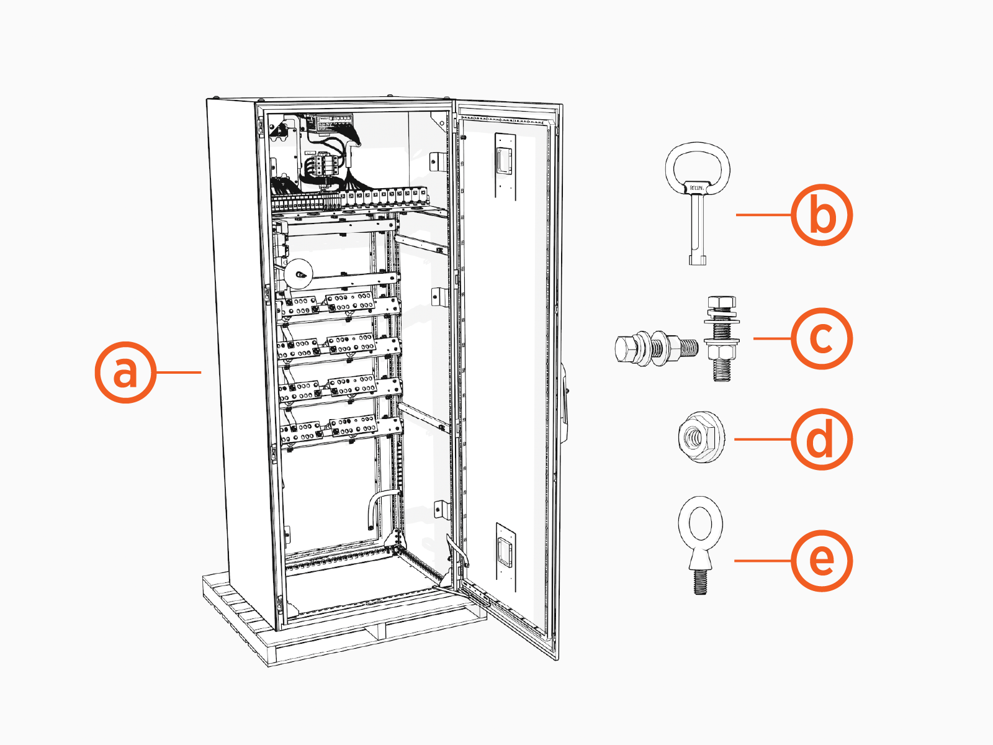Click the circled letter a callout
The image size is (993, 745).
[x=125, y=372]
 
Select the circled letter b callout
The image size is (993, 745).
[x=822, y=215]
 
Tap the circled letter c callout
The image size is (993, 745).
[x=822, y=338]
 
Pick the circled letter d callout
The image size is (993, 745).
[x=822, y=439]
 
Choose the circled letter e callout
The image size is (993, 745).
[x=822, y=561]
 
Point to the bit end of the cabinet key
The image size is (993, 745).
[x=698, y=258]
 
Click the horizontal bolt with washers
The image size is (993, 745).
[x=655, y=348]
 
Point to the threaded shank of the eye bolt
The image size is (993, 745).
[x=700, y=581]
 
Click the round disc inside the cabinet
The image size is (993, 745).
[x=300, y=273]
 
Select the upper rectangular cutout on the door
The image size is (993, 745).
[x=504, y=163]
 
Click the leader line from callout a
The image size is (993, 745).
[x=179, y=372]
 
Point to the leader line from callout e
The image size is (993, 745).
[x=762, y=561]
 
